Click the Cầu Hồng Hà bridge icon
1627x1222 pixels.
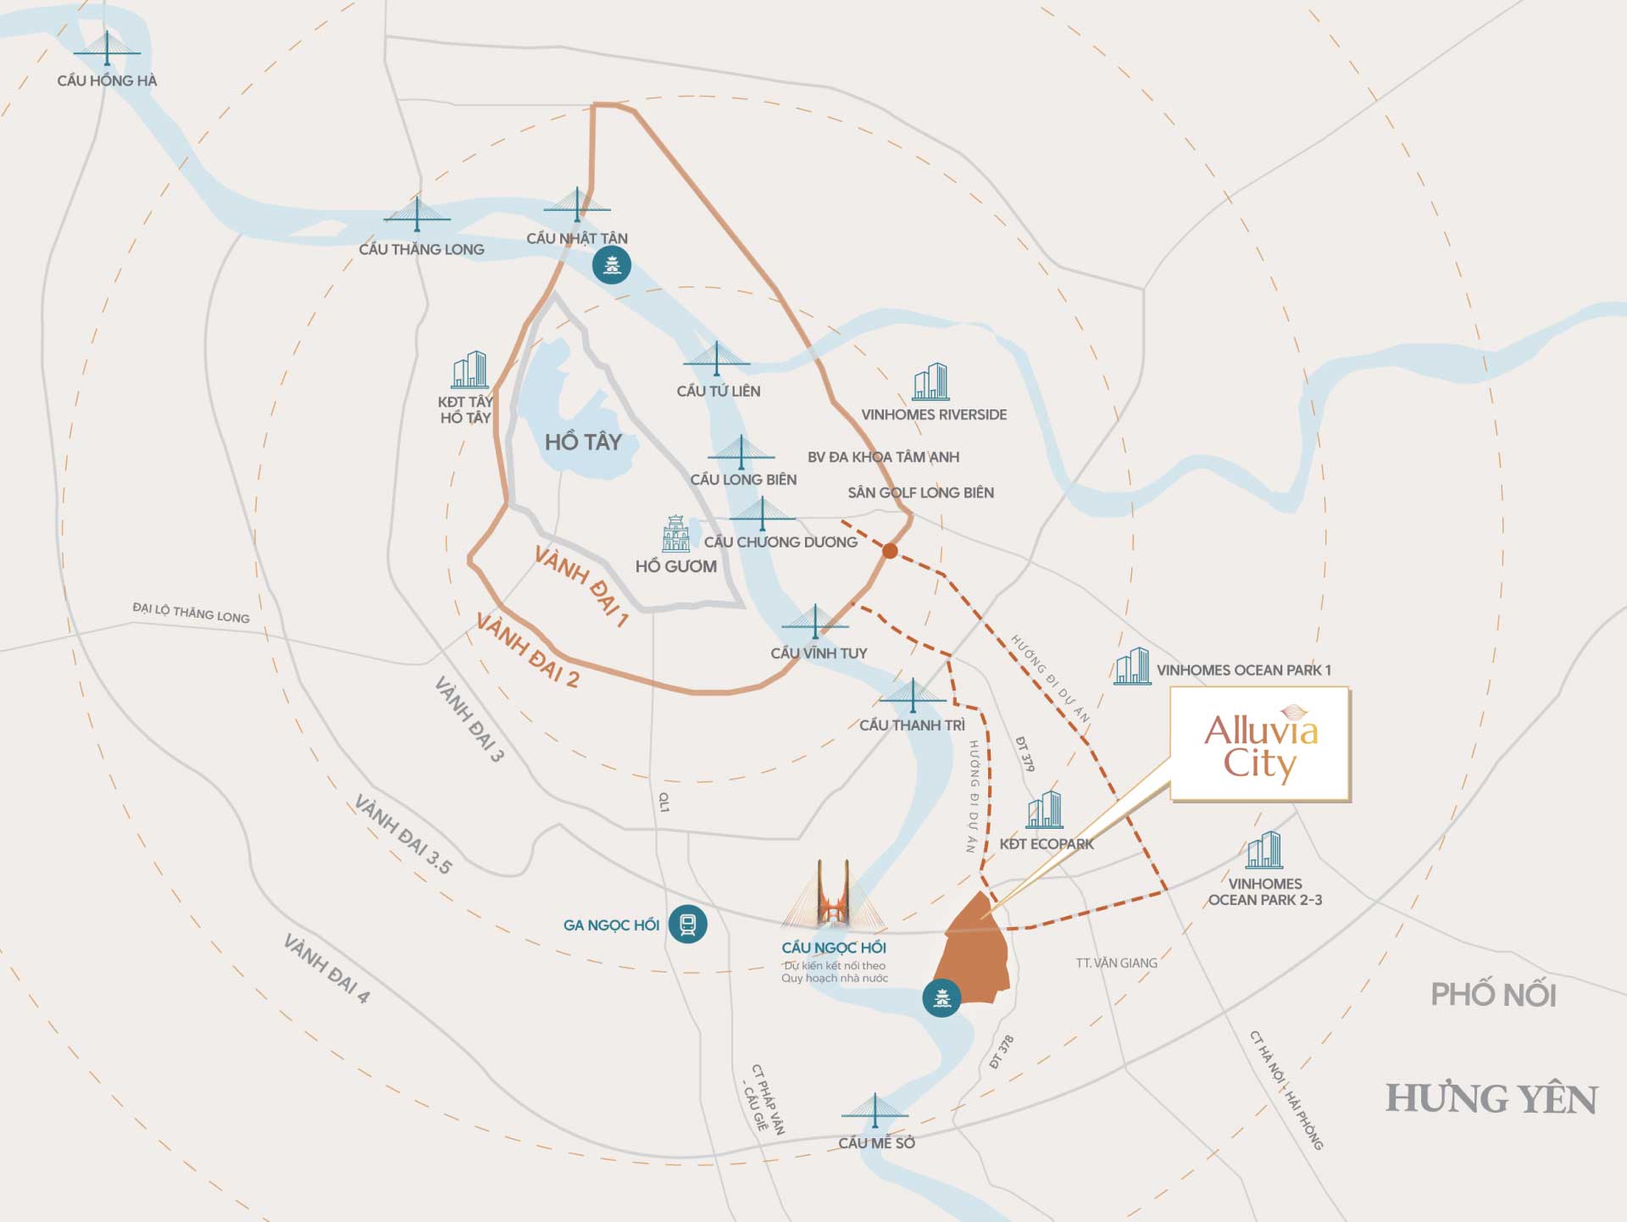107,49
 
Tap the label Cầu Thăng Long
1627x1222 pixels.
421,249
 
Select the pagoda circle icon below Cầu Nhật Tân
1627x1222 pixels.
611,266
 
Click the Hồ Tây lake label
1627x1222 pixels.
583,442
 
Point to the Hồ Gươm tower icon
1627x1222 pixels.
675,534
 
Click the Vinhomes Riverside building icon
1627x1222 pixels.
930,382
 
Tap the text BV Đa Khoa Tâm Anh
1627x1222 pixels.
883,457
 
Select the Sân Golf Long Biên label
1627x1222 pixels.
920,492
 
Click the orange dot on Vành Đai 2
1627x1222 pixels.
890,551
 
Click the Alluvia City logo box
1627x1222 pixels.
1260,745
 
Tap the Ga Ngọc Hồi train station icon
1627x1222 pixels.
687,924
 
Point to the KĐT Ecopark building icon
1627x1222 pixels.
1044,810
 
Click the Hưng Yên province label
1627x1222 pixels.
1491,1099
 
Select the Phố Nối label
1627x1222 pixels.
1493,994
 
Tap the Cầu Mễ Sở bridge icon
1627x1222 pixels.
875,1111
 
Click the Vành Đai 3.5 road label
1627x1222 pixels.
403,835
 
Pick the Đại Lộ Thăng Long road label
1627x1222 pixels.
191,613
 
